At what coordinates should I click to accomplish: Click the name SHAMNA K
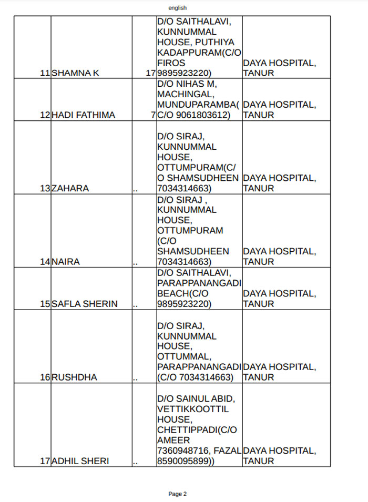point(75,73)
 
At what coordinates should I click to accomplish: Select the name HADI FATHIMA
point(83,115)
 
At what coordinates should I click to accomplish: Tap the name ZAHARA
point(70,188)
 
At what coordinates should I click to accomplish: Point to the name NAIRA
point(66,262)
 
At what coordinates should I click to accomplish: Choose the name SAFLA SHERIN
point(84,304)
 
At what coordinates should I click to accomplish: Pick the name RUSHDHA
point(74,377)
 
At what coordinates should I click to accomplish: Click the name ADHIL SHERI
point(80,461)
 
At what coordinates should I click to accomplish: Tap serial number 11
point(45,73)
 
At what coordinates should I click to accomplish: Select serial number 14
point(45,262)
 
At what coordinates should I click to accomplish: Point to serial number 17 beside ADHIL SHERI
point(45,461)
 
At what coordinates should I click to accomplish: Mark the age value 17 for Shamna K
point(151,73)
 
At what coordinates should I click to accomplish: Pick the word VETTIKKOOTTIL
point(192,409)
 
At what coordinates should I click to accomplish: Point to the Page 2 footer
point(178,494)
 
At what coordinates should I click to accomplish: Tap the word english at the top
point(178,8)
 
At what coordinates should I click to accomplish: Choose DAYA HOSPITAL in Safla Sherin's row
point(279,294)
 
